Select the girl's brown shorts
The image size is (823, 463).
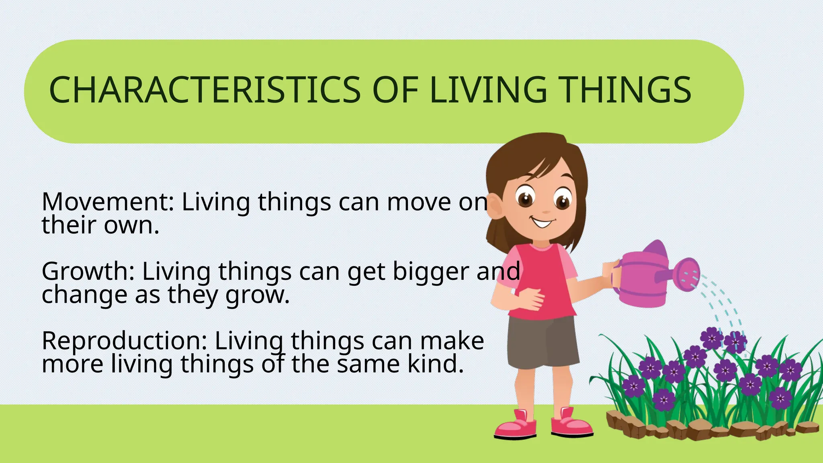pyautogui.click(x=543, y=342)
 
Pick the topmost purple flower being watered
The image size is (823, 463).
pyautogui.click(x=712, y=338)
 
